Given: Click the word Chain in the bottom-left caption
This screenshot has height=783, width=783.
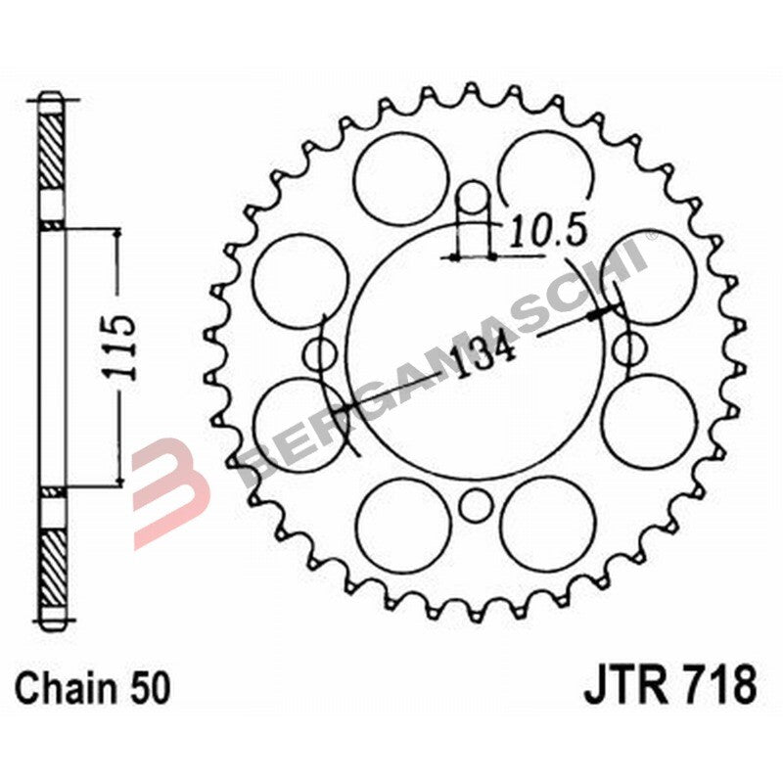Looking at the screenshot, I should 64,686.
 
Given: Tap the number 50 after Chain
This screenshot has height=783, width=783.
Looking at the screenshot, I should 148,686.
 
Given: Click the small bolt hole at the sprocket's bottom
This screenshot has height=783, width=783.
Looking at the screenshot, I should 476,505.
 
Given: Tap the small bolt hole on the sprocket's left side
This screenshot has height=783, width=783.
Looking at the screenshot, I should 320,353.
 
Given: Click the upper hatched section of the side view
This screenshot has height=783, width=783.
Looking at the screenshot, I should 55,153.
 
